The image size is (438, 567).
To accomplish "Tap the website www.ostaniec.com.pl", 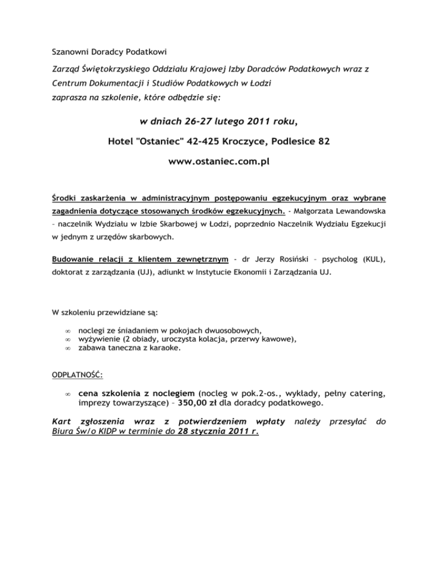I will [219, 161].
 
